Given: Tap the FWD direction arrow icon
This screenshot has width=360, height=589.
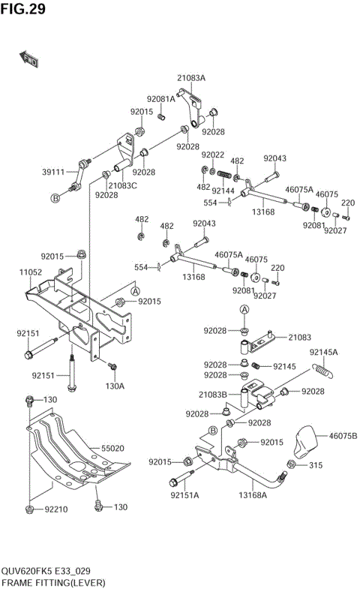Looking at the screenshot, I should click(x=27, y=57).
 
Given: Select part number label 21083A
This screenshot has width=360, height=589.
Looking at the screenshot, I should click(x=191, y=78).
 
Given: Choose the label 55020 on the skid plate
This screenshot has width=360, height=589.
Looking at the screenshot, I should click(x=112, y=448).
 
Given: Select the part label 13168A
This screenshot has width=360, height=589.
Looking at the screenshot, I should click(x=253, y=494).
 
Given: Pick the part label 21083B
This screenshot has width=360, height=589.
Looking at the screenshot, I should click(x=213, y=395).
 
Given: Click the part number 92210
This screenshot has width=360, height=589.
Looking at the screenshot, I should click(x=56, y=509).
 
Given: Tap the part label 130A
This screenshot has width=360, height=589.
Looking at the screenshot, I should click(x=115, y=386).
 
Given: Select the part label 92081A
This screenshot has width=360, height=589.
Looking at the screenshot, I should click(x=160, y=98).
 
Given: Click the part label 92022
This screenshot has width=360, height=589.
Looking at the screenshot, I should click(x=213, y=155).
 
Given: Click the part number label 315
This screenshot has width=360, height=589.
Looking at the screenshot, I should click(x=316, y=466).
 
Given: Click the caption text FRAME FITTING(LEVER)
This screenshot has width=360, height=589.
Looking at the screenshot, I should click(x=53, y=582).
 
